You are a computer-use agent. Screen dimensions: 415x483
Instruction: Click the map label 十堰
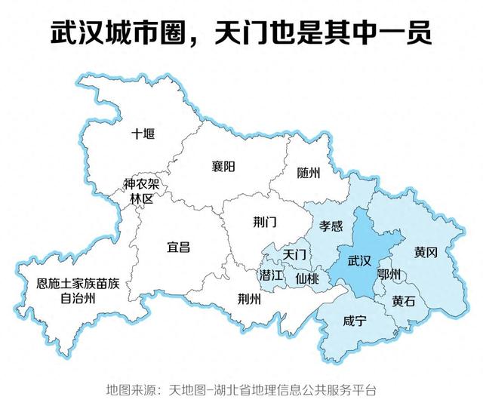point(143,134)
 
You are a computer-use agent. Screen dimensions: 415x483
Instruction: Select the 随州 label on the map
point(308,173)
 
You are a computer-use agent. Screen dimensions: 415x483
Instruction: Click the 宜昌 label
point(178,246)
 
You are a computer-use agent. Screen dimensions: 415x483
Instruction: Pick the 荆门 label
point(265,221)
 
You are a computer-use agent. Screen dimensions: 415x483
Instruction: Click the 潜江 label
point(271,275)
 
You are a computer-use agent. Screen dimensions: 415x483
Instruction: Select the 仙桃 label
point(307,278)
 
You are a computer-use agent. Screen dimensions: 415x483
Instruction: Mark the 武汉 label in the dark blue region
point(359,261)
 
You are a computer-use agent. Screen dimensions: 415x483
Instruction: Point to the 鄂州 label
point(389,274)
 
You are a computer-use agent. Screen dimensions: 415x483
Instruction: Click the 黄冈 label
point(426,251)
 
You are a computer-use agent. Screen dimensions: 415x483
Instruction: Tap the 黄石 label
point(404,300)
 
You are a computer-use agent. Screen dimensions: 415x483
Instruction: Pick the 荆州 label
point(248,297)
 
